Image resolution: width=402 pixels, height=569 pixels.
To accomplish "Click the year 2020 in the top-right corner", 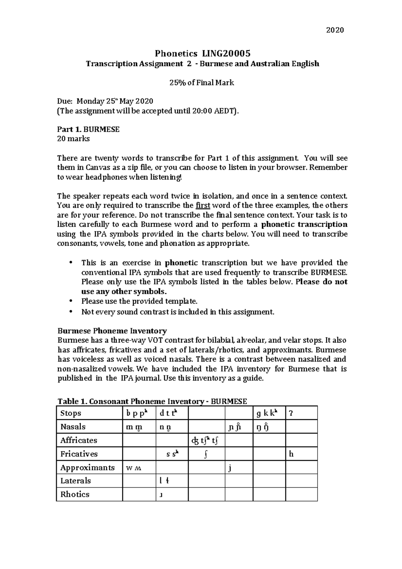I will coord(335,30).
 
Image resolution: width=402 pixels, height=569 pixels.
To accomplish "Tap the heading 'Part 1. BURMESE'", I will coord(88,129).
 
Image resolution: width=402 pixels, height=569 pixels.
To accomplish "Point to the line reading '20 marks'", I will coord(73,139).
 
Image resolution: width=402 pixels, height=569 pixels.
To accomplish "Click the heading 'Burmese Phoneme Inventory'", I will coord(112,331).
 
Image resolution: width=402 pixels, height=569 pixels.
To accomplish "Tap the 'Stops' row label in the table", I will coord(71,413).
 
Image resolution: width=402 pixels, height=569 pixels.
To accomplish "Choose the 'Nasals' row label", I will coord(73,427).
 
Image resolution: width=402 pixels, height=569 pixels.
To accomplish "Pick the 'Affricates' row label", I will coord(78,440).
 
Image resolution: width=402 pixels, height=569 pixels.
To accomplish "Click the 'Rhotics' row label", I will coord(75,494).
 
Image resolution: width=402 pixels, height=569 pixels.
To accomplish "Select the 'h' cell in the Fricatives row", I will coord(291,454).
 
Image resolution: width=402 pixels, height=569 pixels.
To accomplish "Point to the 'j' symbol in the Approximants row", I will coord(230,468).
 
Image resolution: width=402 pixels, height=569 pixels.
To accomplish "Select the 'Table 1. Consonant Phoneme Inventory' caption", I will coord(152,401).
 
